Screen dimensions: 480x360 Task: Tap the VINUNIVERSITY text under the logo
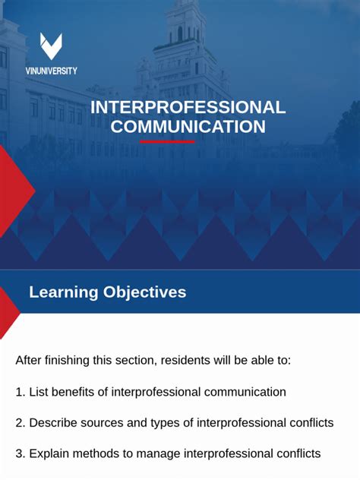[51, 71]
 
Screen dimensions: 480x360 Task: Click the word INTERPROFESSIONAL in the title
[188, 107]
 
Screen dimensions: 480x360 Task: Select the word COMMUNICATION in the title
[188, 126]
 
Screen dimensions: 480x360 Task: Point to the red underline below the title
[167, 142]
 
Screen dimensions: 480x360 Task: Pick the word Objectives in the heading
[144, 292]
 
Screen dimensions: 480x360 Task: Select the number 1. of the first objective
[21, 392]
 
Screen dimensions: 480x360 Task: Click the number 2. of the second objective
[21, 422]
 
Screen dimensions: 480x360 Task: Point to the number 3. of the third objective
[21, 453]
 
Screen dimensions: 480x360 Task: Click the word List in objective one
[39, 392]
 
